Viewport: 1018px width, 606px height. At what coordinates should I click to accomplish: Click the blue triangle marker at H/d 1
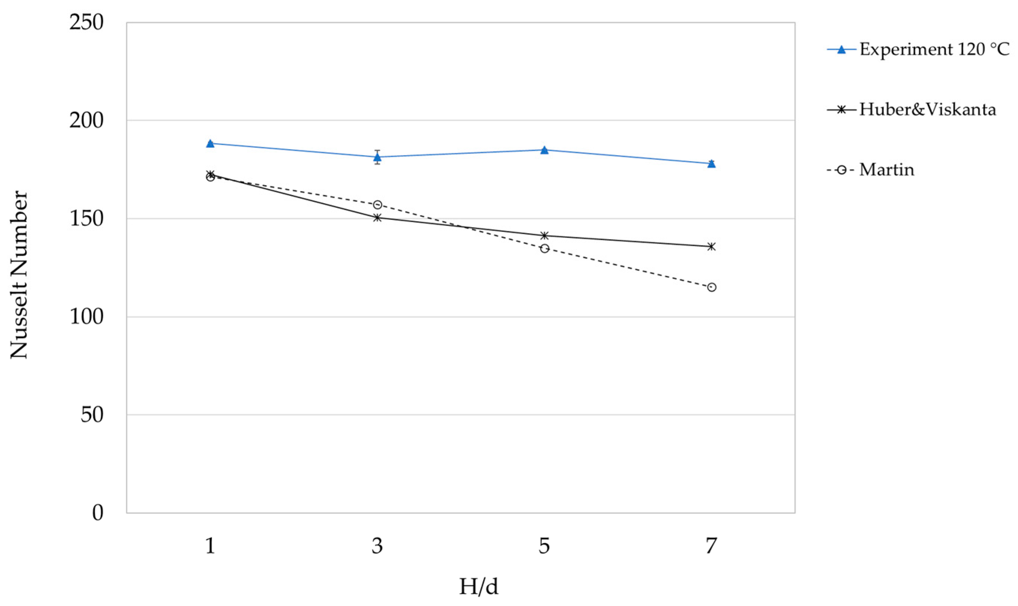(210, 143)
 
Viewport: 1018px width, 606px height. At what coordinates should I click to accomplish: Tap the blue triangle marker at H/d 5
(544, 150)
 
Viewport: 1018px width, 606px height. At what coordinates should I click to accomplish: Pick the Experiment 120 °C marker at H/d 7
(711, 163)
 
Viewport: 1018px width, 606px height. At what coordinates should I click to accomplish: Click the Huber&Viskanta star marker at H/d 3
(377, 217)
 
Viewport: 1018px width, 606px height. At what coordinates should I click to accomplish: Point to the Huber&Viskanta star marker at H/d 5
(544, 235)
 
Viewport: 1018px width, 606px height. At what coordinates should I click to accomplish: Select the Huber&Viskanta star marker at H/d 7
(711, 246)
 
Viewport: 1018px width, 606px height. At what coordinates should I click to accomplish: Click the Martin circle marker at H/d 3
(377, 204)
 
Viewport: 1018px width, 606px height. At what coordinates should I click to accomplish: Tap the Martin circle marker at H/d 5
(544, 248)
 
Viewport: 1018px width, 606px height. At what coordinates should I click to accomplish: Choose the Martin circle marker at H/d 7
(711, 287)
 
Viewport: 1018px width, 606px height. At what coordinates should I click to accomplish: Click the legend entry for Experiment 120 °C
(934, 49)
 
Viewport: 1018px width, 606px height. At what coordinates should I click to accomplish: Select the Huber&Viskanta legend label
(927, 109)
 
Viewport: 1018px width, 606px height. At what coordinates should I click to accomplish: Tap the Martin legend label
(886, 169)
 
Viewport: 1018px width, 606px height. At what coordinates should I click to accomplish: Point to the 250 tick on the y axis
(86, 22)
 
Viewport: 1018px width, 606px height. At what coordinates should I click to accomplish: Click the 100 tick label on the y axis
(86, 317)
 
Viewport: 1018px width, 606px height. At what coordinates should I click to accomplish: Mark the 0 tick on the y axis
(97, 513)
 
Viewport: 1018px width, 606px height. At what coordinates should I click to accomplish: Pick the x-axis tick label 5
(544, 546)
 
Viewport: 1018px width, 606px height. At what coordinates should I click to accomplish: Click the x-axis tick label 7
(711, 546)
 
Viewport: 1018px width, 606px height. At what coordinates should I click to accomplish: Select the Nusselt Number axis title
(19, 275)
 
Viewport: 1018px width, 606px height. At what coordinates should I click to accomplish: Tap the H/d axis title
(479, 587)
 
